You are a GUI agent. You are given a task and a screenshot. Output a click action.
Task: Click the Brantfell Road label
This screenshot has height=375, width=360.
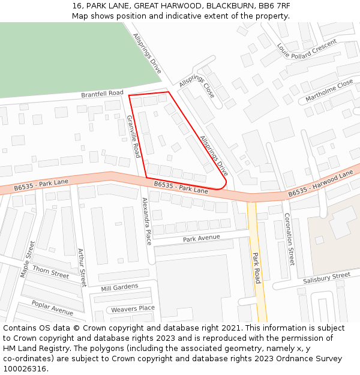click(x=102, y=94)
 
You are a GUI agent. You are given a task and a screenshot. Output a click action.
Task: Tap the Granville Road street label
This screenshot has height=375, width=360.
click(x=133, y=137)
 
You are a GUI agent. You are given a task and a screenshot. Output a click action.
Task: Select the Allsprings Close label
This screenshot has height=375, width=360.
click(x=196, y=86)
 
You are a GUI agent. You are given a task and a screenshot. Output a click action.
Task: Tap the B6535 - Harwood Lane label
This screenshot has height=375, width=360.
click(x=320, y=184)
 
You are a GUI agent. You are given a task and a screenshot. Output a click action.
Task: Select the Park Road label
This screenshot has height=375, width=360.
click(x=256, y=268)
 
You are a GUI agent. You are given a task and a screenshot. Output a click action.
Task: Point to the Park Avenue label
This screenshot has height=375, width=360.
click(x=202, y=238)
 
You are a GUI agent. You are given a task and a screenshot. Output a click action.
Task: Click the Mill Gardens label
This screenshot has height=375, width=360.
click(x=119, y=288)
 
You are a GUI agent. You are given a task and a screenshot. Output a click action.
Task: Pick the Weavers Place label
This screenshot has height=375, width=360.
click(x=133, y=309)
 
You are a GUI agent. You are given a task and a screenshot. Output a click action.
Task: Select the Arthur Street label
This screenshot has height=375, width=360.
click(x=82, y=268)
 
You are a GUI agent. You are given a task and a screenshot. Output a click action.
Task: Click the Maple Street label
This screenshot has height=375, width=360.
click(x=28, y=259)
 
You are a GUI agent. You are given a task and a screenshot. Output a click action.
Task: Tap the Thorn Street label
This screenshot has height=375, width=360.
click(x=50, y=272)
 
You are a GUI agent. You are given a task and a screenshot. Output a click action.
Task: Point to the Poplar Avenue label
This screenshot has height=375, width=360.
click(x=52, y=308)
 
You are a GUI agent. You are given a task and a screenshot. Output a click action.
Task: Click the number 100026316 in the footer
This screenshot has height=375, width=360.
click(x=25, y=368)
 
